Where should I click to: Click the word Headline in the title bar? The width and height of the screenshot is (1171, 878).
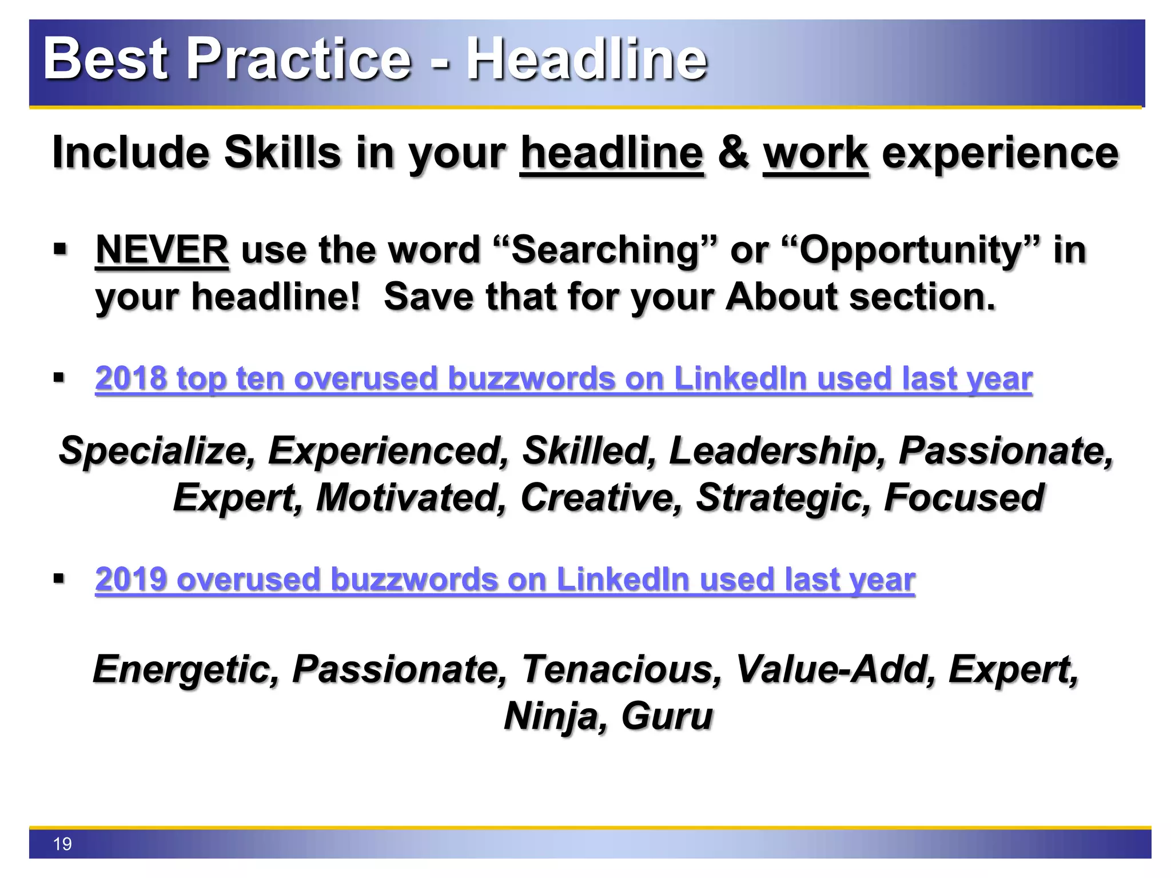click(587, 59)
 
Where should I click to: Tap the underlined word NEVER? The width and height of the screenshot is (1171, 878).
click(162, 250)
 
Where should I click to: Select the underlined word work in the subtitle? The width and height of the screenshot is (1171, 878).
click(816, 153)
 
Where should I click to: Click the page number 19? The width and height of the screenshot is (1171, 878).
click(62, 844)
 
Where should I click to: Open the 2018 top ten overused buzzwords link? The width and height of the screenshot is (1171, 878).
click(563, 378)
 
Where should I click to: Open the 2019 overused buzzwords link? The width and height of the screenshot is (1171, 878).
click(505, 580)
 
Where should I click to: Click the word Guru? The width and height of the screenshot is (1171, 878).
click(667, 716)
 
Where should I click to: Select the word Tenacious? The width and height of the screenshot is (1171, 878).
click(621, 669)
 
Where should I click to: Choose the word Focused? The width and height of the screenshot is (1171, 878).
click(964, 497)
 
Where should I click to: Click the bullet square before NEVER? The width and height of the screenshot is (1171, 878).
click(59, 250)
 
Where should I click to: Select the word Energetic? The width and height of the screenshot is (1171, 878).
click(186, 669)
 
